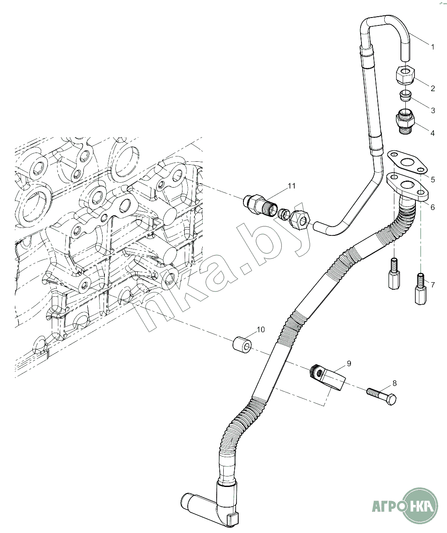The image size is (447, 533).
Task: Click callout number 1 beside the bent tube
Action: pos(433,47)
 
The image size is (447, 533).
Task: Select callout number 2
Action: pos(433,89)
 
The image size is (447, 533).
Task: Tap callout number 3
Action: pos(433,110)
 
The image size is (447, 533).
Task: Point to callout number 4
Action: pos(433,133)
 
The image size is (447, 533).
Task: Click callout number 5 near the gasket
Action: pos(433,180)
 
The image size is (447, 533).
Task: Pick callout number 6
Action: pos(433,207)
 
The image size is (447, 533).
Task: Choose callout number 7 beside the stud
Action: pos(433,285)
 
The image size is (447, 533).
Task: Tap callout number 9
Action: pos(349,363)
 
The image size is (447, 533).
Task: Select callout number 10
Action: pos(261,330)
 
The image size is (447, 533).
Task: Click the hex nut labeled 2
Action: pos(405,75)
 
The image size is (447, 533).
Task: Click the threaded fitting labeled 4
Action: pos(406,121)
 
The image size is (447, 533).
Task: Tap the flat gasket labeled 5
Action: pos(407,162)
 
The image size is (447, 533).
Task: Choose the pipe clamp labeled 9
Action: pos(327,378)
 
